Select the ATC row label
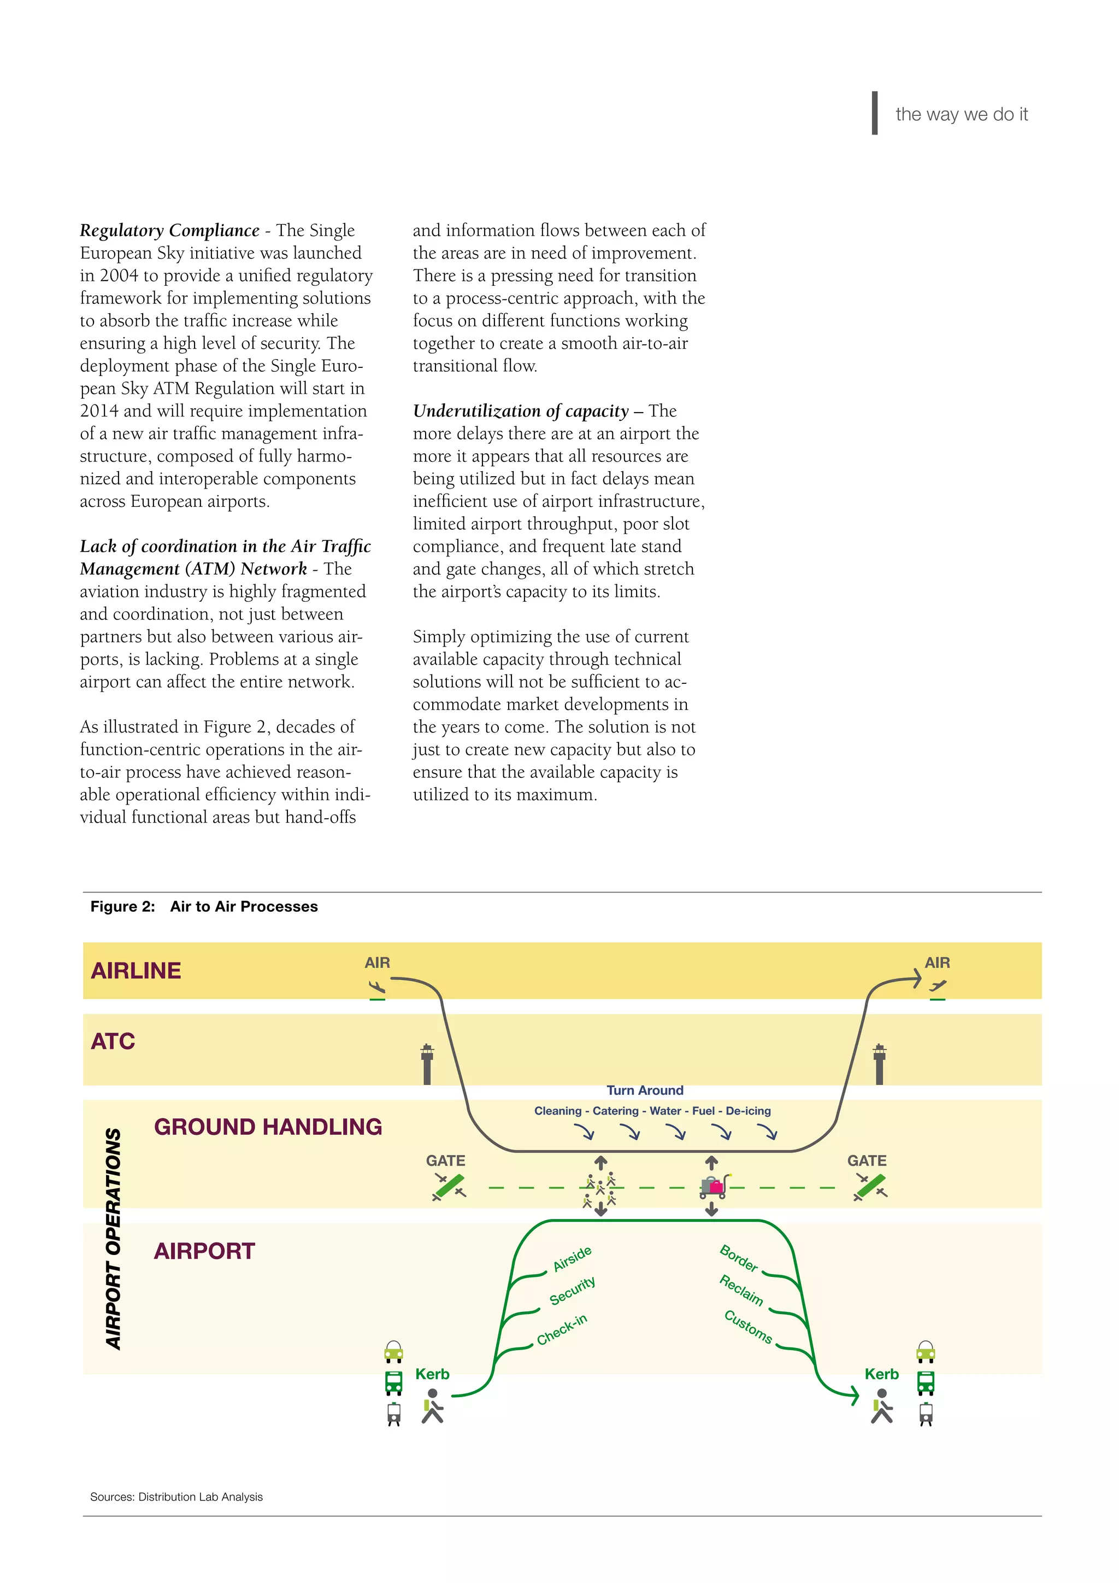(x=113, y=1041)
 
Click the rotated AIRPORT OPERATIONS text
(x=114, y=1239)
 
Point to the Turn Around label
(x=645, y=1090)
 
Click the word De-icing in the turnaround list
(x=749, y=1111)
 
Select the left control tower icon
(x=427, y=1064)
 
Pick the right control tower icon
(x=879, y=1064)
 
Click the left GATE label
(x=445, y=1160)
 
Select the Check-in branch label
(x=562, y=1329)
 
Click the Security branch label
(x=572, y=1291)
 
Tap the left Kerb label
(x=432, y=1374)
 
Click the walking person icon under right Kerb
(x=882, y=1406)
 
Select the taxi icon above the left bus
(x=393, y=1352)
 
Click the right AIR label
(x=937, y=963)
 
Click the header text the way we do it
(x=961, y=114)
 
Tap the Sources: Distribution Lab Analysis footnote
(x=176, y=1497)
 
